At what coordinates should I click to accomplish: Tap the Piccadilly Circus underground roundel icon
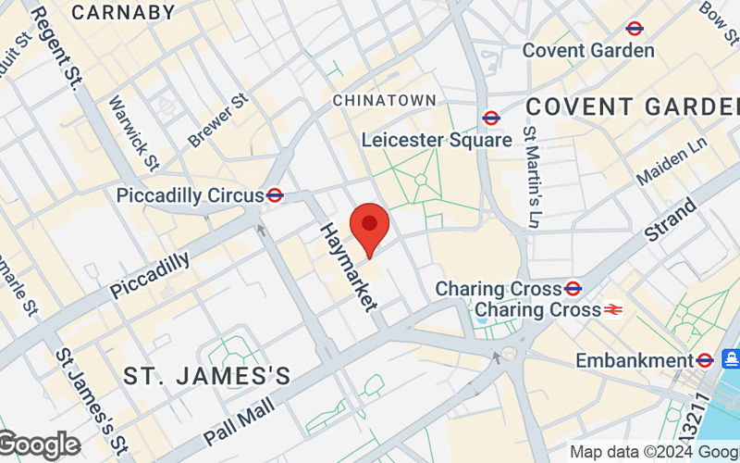[x=275, y=195]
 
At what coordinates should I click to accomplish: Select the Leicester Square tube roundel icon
[x=491, y=118]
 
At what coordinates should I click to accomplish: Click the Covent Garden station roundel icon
[x=635, y=28]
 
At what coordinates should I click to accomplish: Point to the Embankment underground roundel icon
[x=705, y=359]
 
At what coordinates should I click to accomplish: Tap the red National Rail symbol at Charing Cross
[x=613, y=310]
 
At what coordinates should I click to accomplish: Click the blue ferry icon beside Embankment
[x=730, y=358]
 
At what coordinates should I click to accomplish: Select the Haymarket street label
[x=350, y=267]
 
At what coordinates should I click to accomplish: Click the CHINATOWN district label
[x=384, y=99]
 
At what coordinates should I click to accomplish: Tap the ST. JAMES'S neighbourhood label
[x=207, y=376]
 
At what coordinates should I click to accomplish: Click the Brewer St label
[x=218, y=120]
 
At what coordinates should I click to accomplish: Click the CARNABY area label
[x=123, y=12]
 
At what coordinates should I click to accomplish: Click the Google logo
[x=39, y=445]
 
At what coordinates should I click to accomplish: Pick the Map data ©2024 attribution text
[x=653, y=452]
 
